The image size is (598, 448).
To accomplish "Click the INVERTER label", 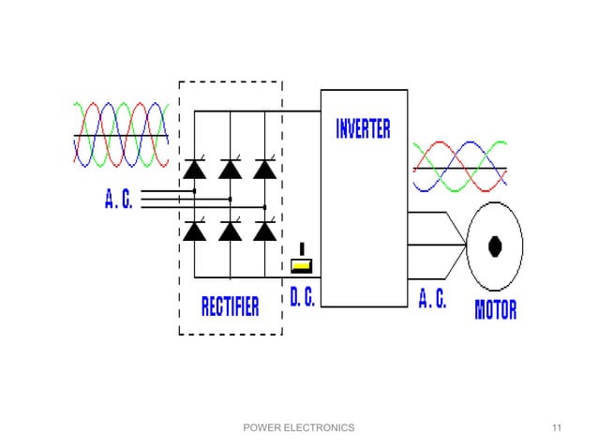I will click(x=363, y=129).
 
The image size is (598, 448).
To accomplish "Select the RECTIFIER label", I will click(x=231, y=306).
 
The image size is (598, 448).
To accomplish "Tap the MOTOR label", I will click(x=495, y=309).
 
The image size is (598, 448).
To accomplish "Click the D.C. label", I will click(x=302, y=299).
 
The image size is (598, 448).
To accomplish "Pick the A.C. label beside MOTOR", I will click(x=432, y=299).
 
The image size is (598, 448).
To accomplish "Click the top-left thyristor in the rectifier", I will click(x=195, y=169).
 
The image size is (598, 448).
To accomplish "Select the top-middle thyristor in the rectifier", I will click(x=230, y=169).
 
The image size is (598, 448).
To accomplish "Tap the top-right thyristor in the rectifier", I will click(x=265, y=169).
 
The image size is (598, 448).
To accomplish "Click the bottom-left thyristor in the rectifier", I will click(x=195, y=231).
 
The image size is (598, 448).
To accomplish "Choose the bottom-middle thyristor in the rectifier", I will click(x=230, y=231).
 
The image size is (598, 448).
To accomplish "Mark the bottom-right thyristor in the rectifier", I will click(x=265, y=231).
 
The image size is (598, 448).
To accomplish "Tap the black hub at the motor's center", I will click(x=495, y=246).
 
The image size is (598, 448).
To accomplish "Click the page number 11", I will click(x=558, y=428).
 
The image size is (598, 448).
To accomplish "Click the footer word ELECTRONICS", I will click(x=321, y=428).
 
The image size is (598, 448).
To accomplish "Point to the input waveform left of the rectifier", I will click(x=120, y=135).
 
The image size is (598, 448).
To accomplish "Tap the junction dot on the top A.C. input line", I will click(x=194, y=191).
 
